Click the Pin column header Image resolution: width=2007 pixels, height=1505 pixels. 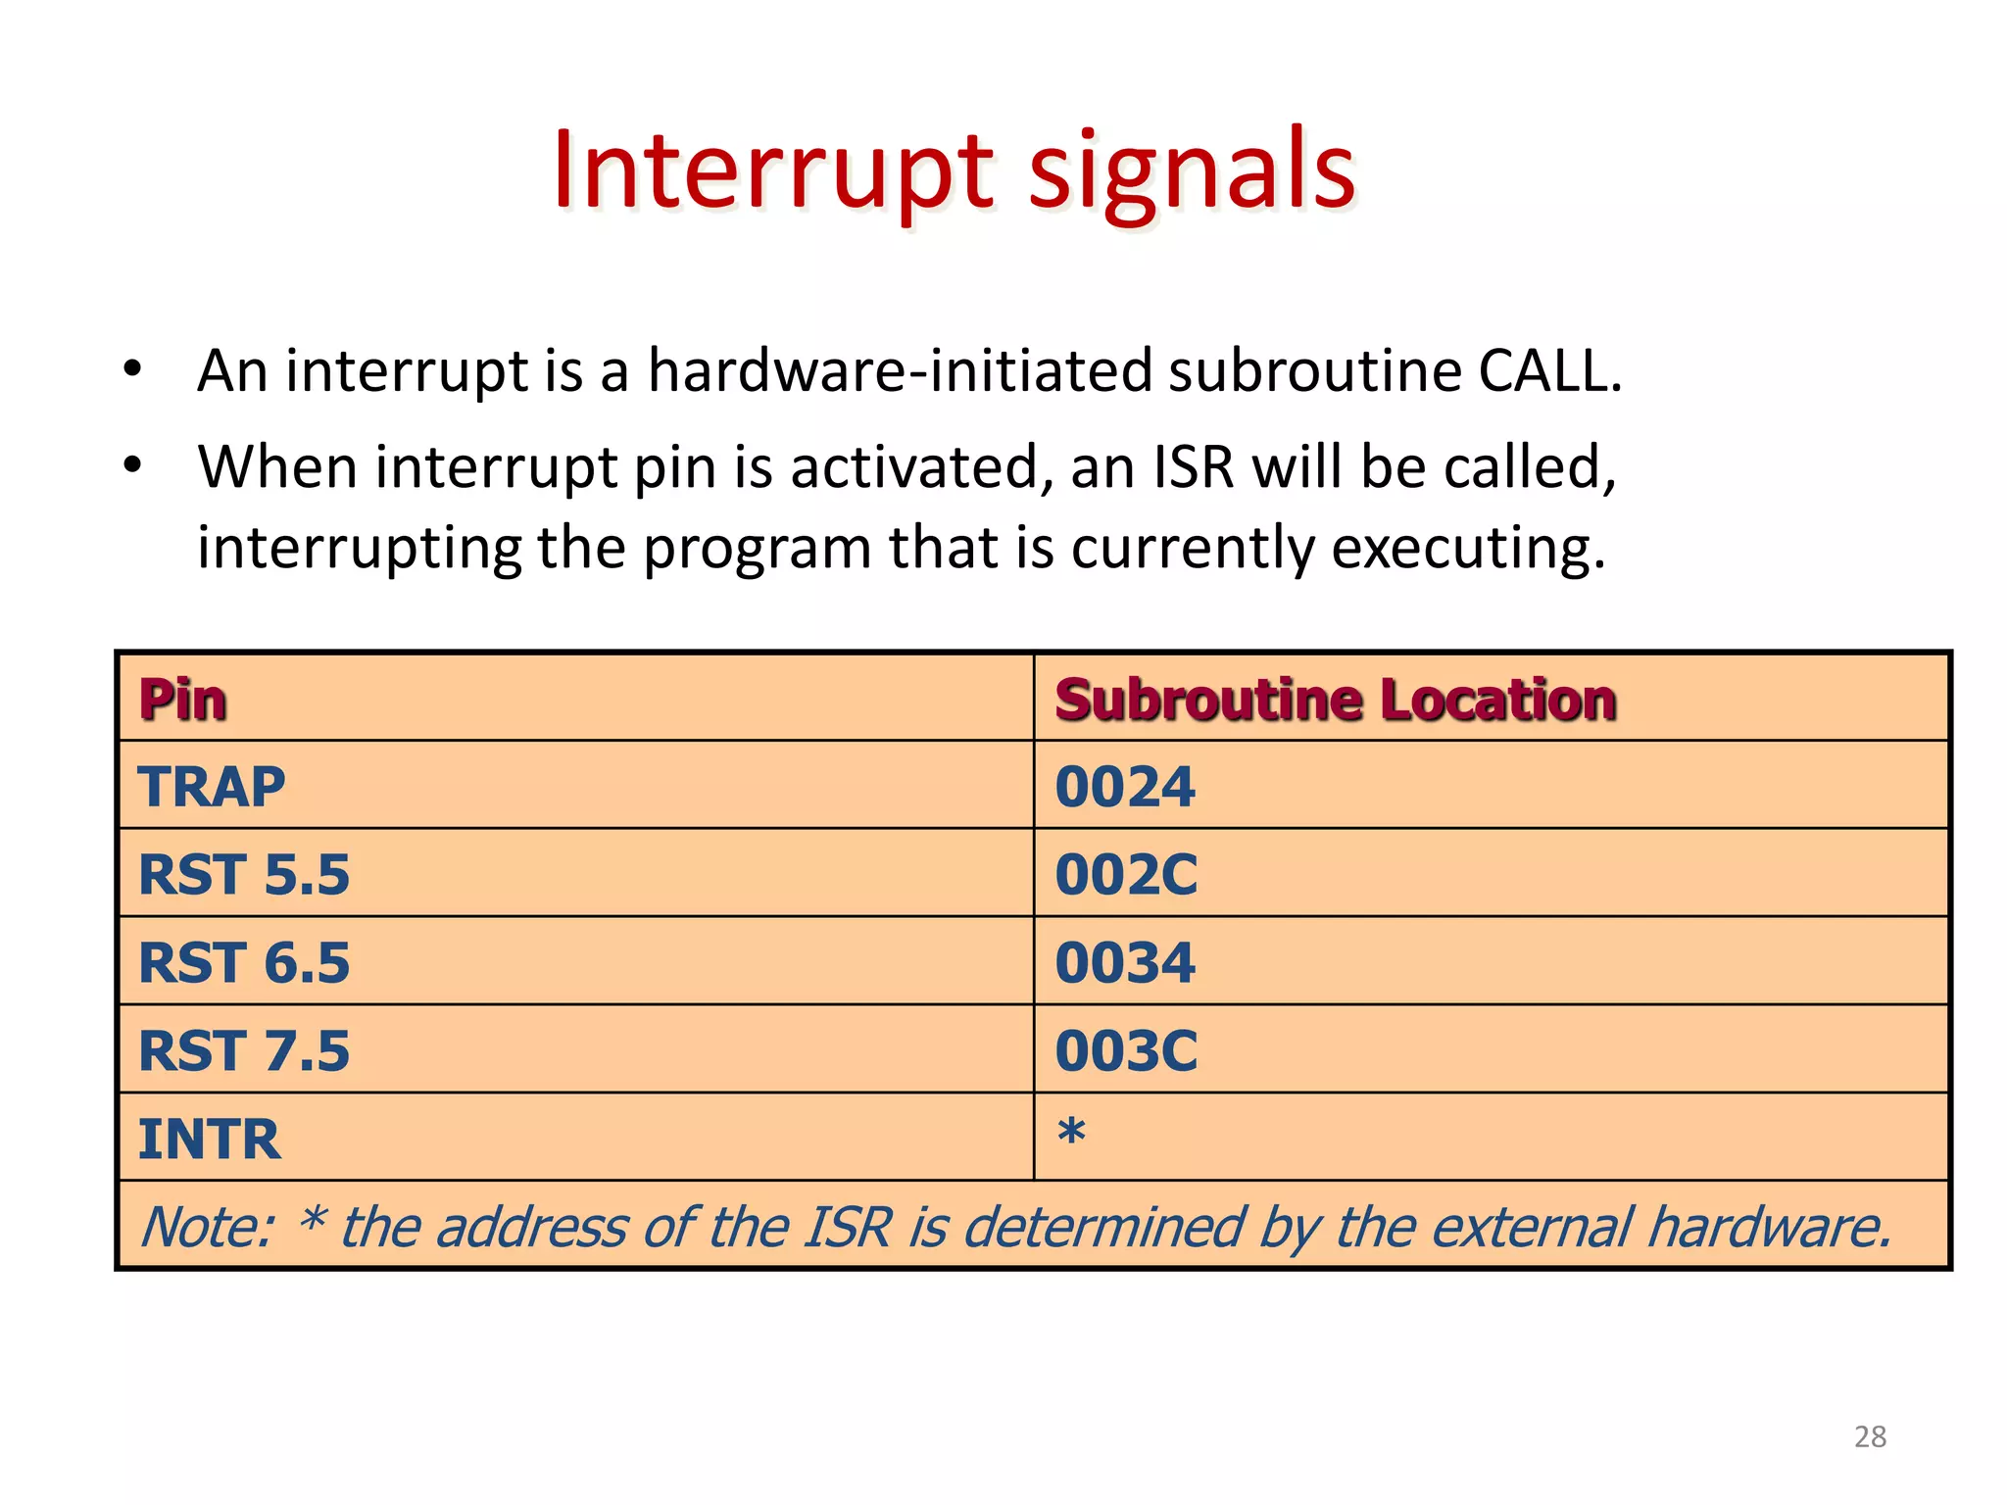[x=183, y=700]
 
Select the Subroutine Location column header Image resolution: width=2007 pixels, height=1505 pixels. [x=1335, y=700]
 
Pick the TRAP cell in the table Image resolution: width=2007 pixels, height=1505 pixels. [x=212, y=787]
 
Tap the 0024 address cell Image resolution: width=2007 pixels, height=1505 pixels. [x=1125, y=787]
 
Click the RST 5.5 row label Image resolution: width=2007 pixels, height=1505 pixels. [x=244, y=874]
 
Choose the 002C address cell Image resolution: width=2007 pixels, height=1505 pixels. [x=1126, y=874]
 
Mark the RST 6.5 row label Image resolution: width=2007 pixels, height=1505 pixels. [x=244, y=962]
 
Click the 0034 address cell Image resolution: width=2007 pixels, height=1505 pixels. [x=1125, y=962]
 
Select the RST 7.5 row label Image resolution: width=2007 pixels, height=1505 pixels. [x=244, y=1050]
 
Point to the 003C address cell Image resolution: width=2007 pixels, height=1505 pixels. [x=1126, y=1050]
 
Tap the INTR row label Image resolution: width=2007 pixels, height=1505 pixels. [x=210, y=1139]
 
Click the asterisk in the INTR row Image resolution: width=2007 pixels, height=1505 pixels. [x=1071, y=1132]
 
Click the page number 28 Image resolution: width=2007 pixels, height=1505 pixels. [x=1870, y=1436]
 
